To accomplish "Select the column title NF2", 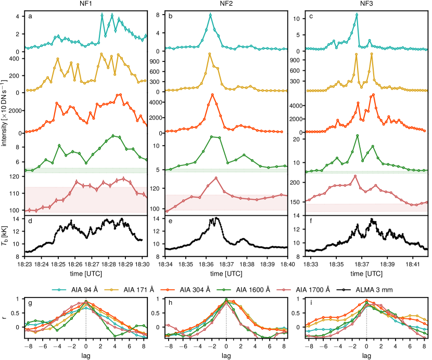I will click(226, 4).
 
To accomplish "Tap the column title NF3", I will click(366, 4).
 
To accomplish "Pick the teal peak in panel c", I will click(357, 14).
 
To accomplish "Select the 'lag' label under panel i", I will click(366, 355).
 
